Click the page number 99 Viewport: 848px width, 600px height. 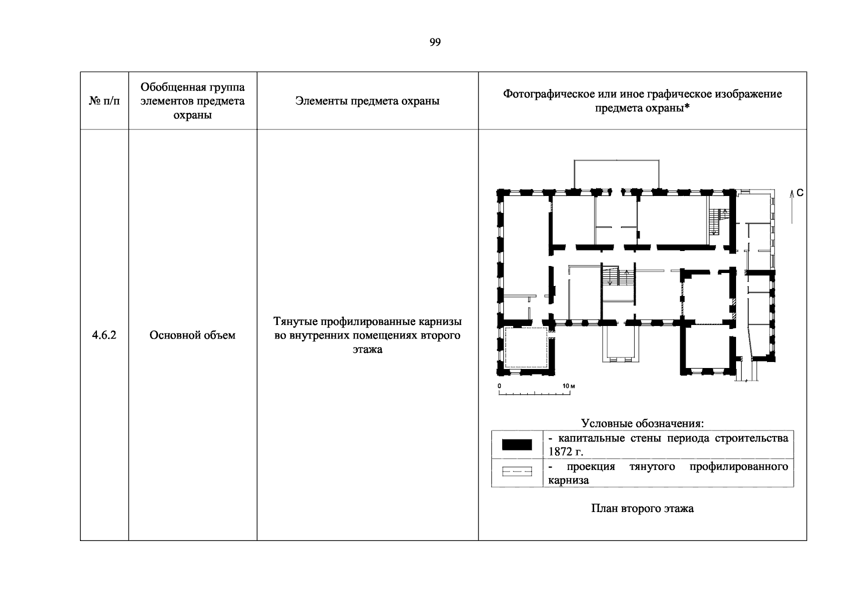435,42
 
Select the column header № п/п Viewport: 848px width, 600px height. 104,101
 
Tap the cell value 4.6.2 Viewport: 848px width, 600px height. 104,335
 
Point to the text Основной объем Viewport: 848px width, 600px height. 192,335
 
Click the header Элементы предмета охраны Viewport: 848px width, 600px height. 367,101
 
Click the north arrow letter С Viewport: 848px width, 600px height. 800,192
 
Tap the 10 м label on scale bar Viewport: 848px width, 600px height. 569,386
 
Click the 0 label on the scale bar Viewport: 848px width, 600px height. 499,386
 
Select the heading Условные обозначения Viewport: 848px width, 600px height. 642,423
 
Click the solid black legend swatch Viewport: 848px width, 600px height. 517,444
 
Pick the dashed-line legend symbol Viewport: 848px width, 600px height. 517,471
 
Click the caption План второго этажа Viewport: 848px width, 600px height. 642,509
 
